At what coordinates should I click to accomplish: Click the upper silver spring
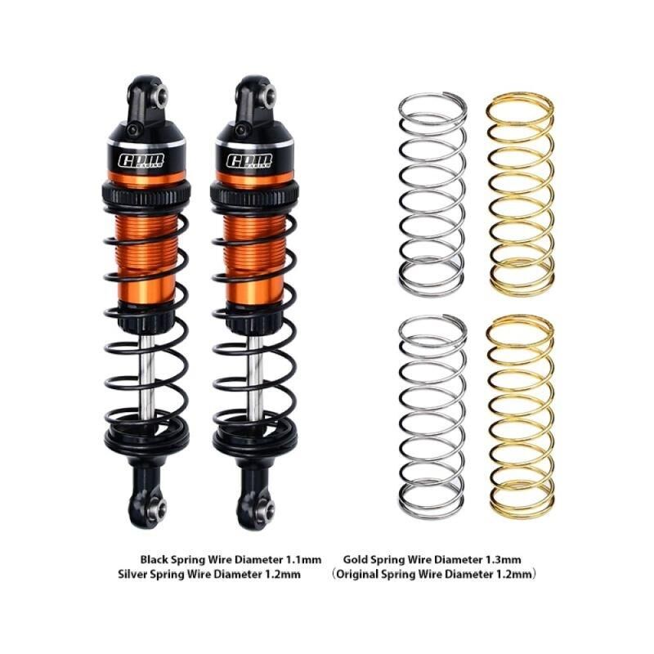click(432, 192)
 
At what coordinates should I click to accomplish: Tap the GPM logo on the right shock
click(248, 161)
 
